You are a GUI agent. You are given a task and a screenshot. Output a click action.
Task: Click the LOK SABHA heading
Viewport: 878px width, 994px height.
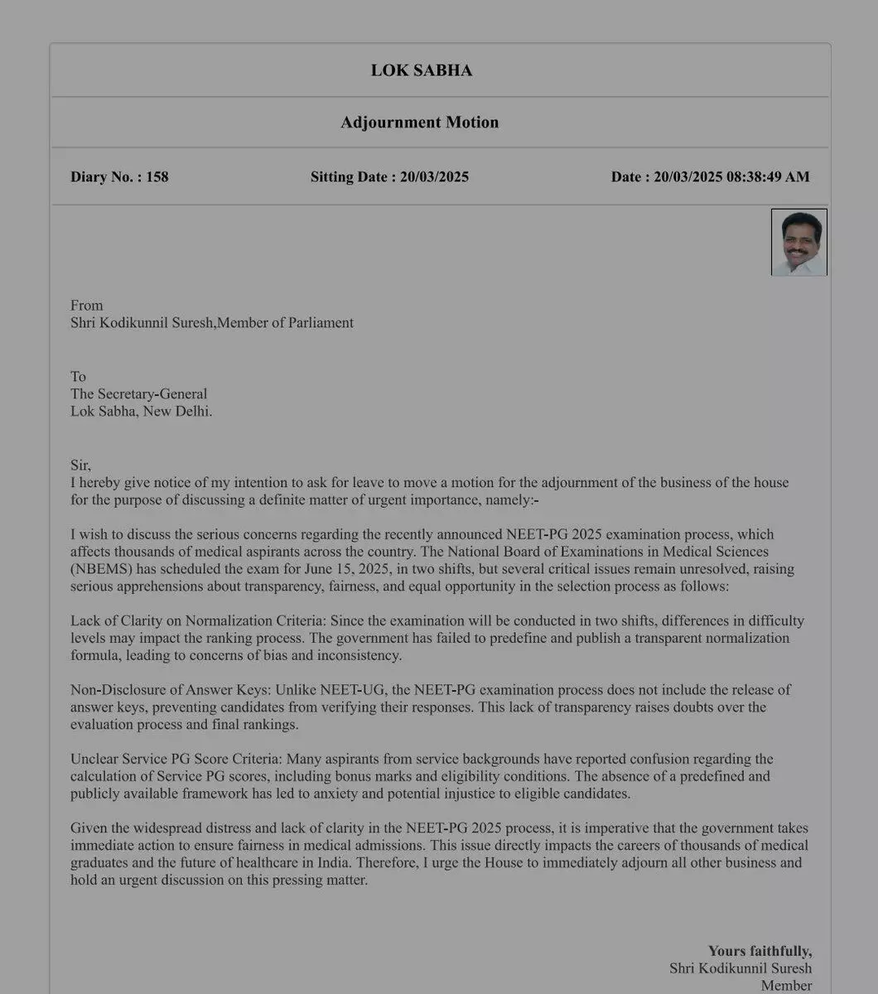[421, 70]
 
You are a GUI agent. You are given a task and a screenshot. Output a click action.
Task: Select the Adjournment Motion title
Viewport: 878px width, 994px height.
[419, 123]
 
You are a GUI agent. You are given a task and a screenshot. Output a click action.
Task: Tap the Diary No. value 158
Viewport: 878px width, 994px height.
[157, 176]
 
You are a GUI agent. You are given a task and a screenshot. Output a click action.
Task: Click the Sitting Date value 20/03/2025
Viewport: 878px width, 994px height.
[434, 176]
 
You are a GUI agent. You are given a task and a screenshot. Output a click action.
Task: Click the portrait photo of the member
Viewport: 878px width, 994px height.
[798, 242]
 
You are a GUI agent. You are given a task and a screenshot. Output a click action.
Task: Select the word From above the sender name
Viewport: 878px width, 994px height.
[86, 306]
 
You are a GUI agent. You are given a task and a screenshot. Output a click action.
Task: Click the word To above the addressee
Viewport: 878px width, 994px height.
[78, 377]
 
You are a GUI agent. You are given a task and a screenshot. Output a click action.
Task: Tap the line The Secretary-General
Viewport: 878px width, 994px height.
[138, 394]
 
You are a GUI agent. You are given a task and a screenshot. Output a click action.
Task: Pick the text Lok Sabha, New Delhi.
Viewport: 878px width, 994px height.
[141, 412]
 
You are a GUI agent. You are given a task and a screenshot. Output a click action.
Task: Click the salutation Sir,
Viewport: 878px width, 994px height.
[80, 466]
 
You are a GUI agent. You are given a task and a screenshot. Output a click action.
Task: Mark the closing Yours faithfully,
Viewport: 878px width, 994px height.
[760, 951]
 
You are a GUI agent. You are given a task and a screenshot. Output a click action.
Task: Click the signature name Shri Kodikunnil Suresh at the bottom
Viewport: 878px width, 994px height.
[741, 968]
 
